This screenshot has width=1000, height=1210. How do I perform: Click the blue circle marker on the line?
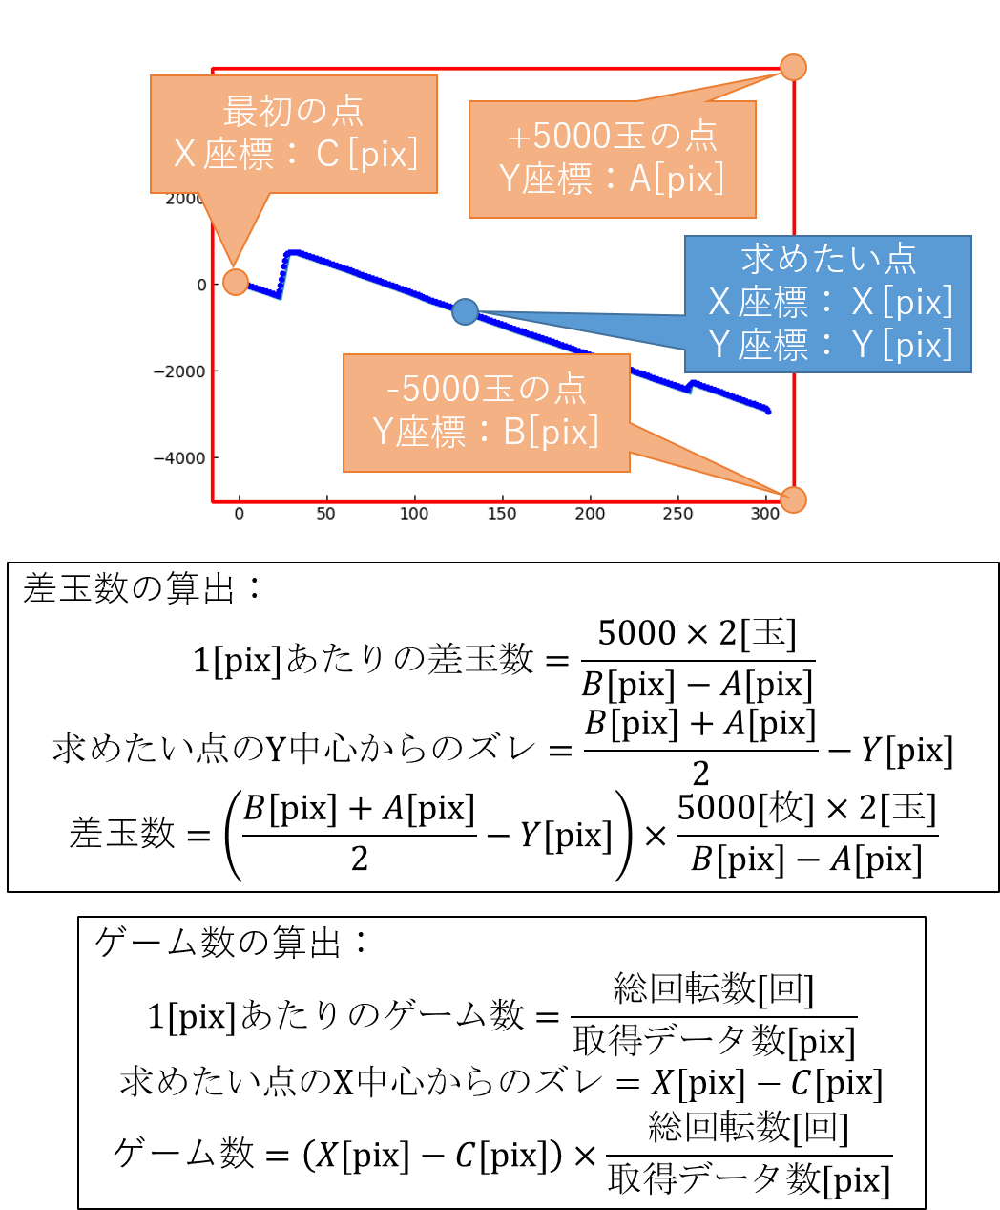click(465, 311)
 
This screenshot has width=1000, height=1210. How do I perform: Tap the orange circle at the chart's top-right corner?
click(793, 67)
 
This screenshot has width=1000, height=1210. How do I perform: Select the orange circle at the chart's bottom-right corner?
click(793, 499)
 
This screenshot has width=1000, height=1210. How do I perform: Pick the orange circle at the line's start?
click(236, 282)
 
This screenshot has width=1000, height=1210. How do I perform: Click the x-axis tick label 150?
click(502, 514)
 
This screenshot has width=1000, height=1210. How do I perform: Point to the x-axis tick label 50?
click(326, 514)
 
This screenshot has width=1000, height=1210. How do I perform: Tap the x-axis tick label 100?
click(414, 514)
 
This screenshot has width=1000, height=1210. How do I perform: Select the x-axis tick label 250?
click(677, 514)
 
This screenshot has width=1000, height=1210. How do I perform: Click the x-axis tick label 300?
click(765, 514)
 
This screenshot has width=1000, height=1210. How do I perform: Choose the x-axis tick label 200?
click(590, 514)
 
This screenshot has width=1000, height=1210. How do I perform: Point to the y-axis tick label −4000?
click(179, 458)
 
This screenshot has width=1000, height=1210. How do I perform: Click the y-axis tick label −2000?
click(179, 371)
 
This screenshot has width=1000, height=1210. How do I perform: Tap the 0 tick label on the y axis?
click(201, 285)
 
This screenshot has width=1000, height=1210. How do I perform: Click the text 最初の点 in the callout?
click(293, 112)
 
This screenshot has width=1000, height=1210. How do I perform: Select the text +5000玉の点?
click(612, 137)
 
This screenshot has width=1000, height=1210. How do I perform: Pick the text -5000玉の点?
click(486, 389)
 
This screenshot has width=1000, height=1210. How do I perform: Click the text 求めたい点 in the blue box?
click(828, 259)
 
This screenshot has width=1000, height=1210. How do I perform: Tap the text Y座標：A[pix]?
click(612, 179)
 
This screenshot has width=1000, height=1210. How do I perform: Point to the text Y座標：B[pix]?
click(486, 432)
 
